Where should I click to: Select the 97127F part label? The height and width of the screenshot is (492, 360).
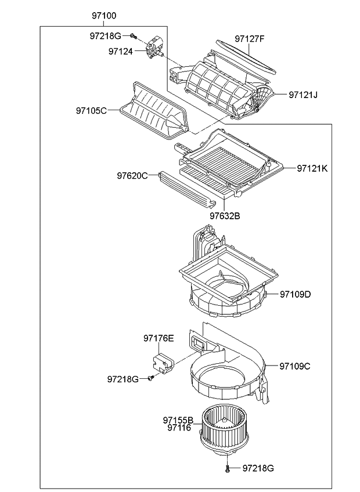(250, 39)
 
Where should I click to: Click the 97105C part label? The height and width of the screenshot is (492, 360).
(91, 110)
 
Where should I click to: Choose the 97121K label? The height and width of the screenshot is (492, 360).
(312, 168)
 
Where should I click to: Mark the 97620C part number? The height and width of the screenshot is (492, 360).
(132, 175)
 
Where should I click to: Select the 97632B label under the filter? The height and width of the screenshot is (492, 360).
(225, 216)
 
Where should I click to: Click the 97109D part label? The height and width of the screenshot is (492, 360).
(295, 294)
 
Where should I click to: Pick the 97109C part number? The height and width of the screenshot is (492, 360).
(295, 366)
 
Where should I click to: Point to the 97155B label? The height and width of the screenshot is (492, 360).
(178, 419)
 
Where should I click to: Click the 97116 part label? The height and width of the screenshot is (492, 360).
(179, 428)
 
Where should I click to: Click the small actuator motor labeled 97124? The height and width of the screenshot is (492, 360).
(155, 47)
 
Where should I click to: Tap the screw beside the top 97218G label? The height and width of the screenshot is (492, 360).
(133, 36)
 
